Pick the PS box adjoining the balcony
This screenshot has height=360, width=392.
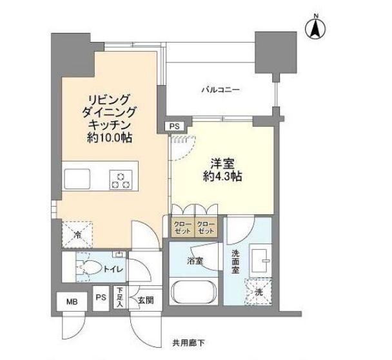tap(175, 127)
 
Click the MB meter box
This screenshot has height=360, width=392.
tap(72, 299)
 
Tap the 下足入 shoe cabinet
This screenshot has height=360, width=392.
tap(119, 298)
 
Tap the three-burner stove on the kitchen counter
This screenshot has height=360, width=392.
tap(121, 180)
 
